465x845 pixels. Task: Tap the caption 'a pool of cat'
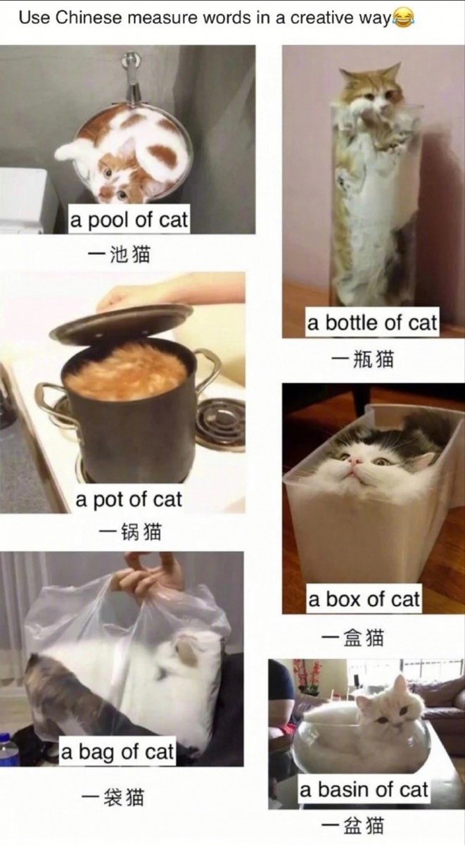point(129,220)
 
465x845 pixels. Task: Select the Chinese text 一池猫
point(120,254)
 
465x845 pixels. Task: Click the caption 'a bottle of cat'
point(372,323)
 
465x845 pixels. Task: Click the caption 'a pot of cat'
point(129,500)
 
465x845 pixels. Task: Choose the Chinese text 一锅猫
point(129,533)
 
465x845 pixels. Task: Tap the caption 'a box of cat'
point(364,599)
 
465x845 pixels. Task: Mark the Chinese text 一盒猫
point(352,637)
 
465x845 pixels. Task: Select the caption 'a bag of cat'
point(117,752)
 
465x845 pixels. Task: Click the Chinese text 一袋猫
point(113,796)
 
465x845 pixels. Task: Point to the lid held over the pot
point(121,320)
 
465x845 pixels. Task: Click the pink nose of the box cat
point(355,461)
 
